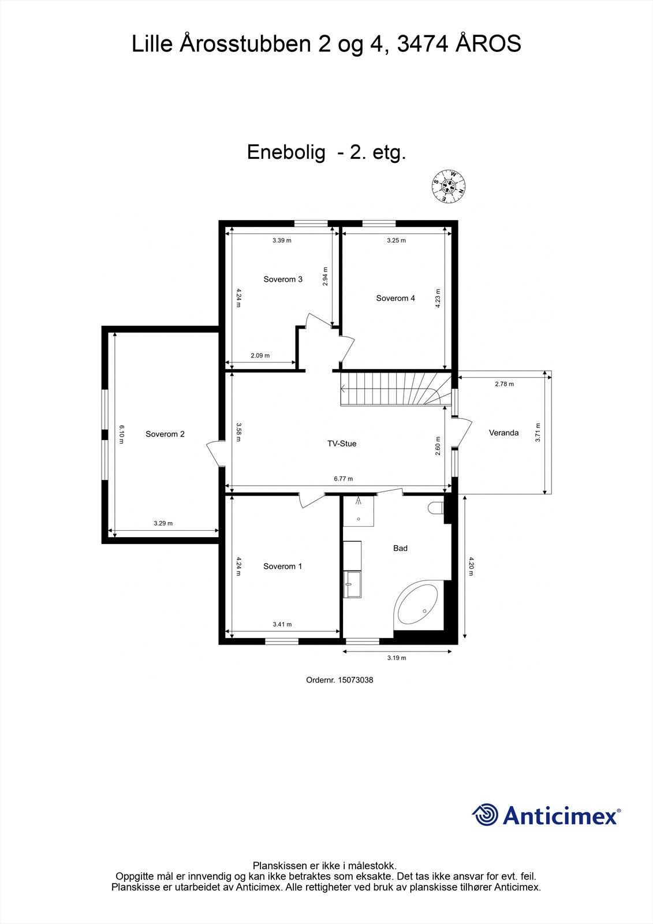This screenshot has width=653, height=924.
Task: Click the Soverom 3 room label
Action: click(283, 280)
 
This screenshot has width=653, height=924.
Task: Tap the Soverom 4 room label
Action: click(395, 299)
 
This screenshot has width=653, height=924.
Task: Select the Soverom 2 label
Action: click(165, 434)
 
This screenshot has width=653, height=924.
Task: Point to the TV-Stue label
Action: click(342, 444)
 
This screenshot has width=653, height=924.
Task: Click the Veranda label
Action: click(503, 433)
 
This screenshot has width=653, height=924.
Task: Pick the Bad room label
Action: click(400, 548)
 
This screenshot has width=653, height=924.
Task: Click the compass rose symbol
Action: click(449, 186)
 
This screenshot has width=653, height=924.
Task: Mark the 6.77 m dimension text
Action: click(343, 479)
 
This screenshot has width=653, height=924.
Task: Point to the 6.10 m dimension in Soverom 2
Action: click(122, 434)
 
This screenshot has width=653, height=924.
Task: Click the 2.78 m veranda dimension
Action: click(504, 383)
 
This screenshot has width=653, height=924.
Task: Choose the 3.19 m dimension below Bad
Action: click(397, 658)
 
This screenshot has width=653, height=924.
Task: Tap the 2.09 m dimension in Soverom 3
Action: click(260, 356)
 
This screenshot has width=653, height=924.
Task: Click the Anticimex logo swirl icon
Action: click(485, 815)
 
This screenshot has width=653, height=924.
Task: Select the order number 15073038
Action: click(356, 680)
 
